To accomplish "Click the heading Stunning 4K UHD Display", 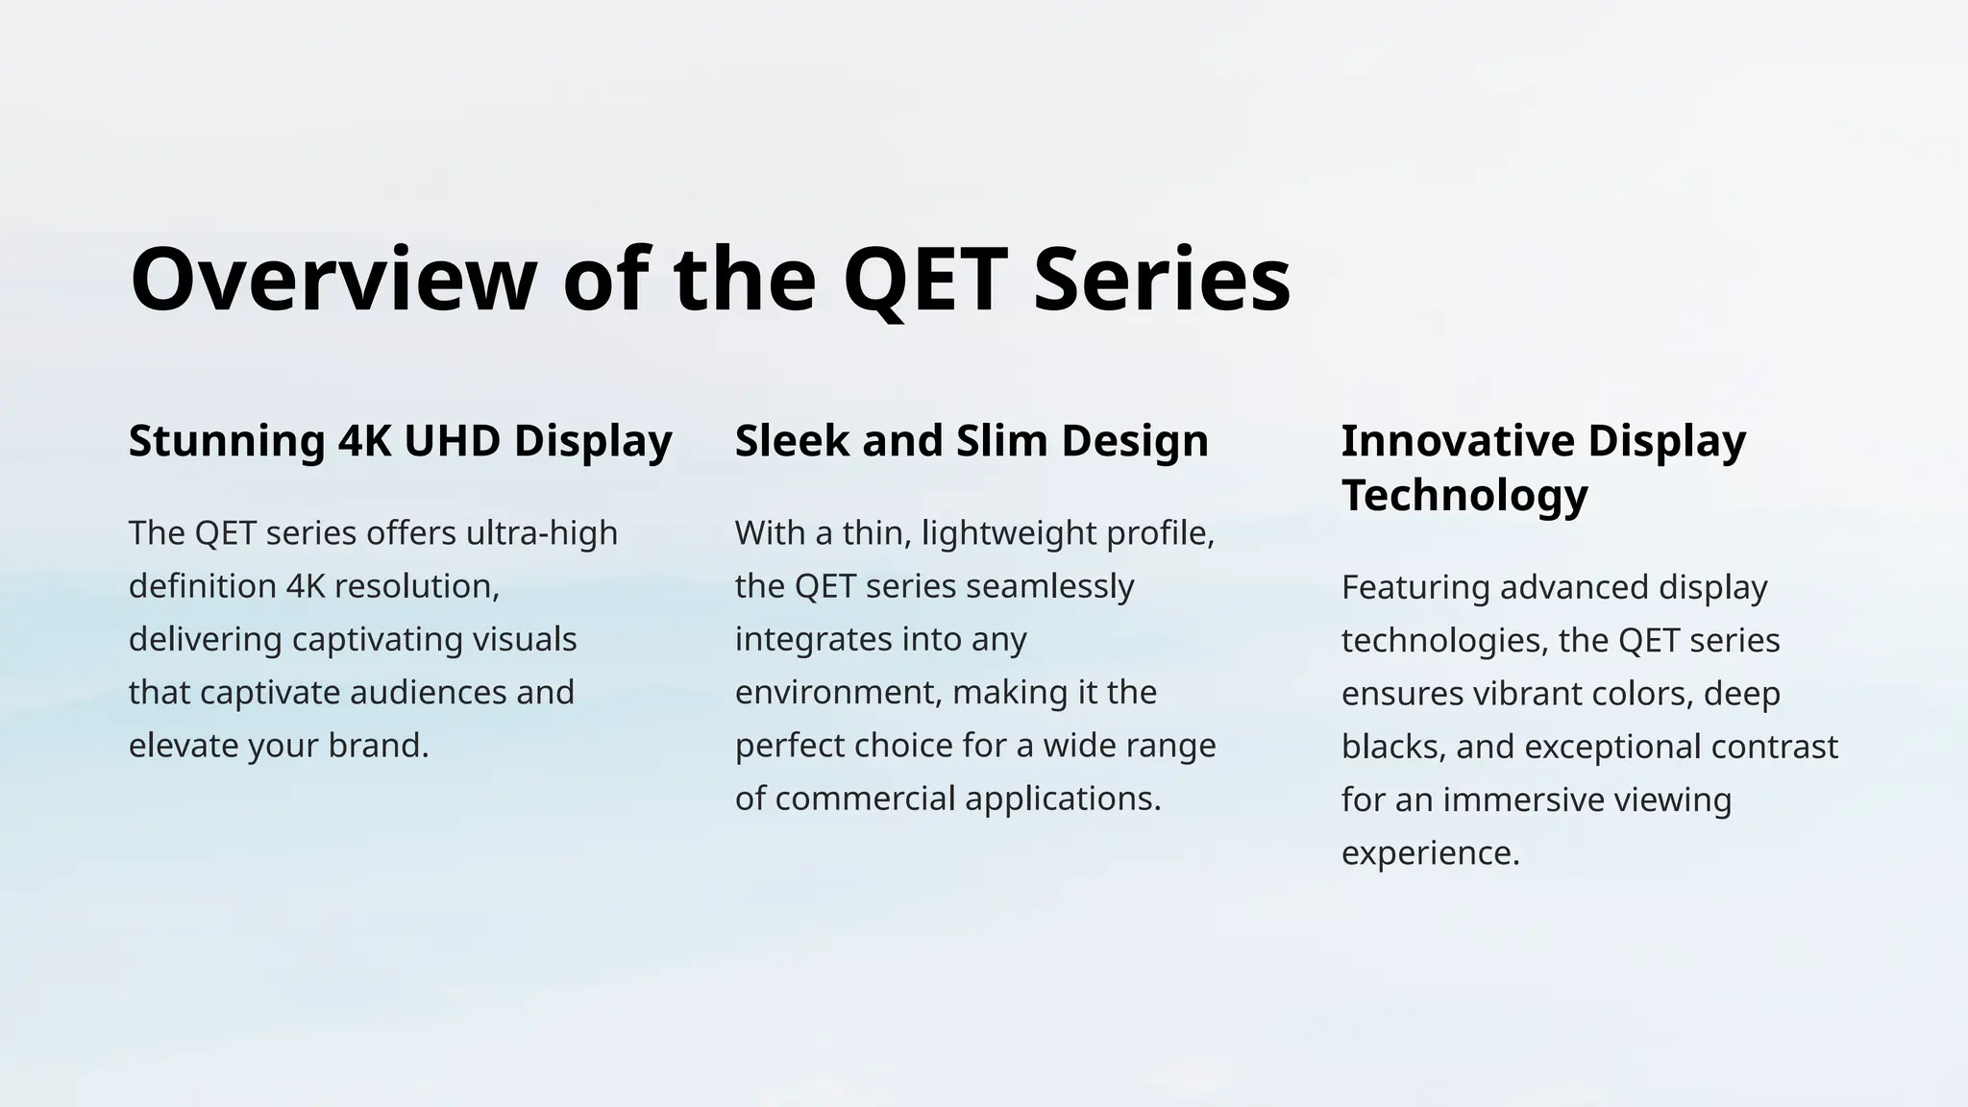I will point(400,441).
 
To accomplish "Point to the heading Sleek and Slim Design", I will point(972,441).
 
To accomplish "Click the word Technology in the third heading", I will point(1464,495).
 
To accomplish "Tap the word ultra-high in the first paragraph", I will point(541,532).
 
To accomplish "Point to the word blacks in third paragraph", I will point(1392,747).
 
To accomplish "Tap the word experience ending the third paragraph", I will point(1429,853).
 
